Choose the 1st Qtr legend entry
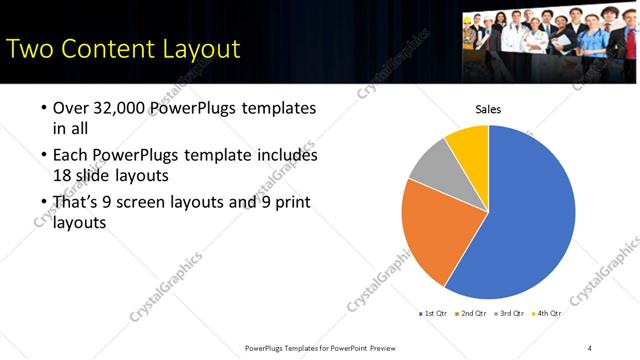[432, 314]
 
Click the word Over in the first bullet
[72, 107]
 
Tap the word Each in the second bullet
[72, 156]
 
